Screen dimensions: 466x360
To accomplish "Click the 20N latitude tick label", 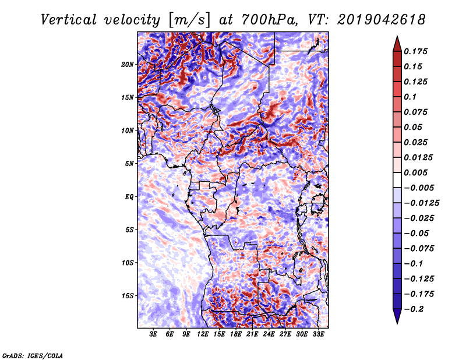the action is pos(128,65).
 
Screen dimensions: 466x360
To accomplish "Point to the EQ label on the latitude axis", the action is pos(129,197).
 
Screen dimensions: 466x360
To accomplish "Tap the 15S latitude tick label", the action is pos(128,296).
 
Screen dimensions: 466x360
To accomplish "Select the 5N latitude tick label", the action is pos(129,164).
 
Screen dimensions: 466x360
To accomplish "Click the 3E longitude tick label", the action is pos(153,334).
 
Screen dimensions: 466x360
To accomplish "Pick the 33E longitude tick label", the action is pos(318,334).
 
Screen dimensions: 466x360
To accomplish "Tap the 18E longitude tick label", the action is pos(236,334).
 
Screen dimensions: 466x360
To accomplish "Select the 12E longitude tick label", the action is pos(203,334).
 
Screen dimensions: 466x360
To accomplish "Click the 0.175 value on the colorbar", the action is pos(415,51).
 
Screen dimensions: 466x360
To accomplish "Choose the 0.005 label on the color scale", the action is pos(415,172).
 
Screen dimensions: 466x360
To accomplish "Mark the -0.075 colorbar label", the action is pos(419,249).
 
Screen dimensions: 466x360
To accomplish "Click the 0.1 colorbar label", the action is pos(410,97).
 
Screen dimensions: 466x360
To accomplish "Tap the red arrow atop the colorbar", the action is pos(397,44).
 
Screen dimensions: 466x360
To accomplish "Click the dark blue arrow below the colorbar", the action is pos(397,316).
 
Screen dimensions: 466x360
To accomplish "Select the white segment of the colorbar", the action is pos(397,180).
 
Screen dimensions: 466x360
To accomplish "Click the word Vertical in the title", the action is pos(69,20).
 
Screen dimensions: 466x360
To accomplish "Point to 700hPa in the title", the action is pos(269,20).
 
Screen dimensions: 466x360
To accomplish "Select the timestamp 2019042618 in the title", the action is pos(382,20).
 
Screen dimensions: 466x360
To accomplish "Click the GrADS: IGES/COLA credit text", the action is pos(33,356).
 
